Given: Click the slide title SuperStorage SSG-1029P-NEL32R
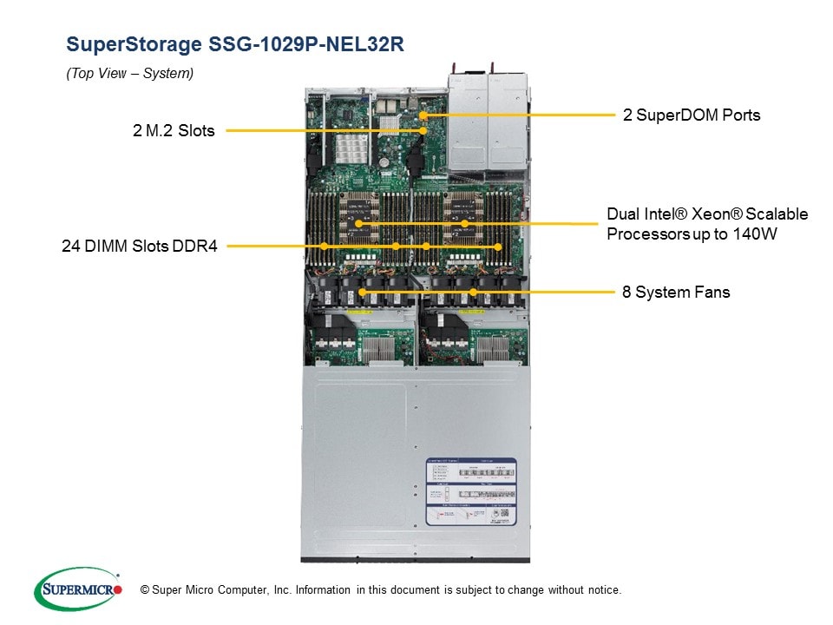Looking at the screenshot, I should pyautogui.click(x=235, y=44).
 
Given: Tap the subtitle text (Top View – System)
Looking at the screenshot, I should pyautogui.click(x=130, y=74).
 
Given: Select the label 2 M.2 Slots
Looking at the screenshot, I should pyautogui.click(x=174, y=131).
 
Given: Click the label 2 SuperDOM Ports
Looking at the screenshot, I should pyautogui.click(x=692, y=115).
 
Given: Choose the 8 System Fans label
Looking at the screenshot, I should pyautogui.click(x=676, y=292).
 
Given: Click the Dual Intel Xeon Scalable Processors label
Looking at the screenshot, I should pyautogui.click(x=707, y=224).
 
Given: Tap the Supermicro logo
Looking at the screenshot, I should pyautogui.click(x=77, y=589).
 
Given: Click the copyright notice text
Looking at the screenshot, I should pyautogui.click(x=375, y=590).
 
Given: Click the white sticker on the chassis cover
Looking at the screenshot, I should pyautogui.click(x=470, y=491).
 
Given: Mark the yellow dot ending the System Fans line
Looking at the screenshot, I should pyautogui.click(x=362, y=292).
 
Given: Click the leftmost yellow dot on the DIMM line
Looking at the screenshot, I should pyautogui.click(x=324, y=247).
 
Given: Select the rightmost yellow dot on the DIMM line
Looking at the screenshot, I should pyautogui.click(x=498, y=247).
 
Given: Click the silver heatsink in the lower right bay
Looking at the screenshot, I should pyautogui.click(x=489, y=346).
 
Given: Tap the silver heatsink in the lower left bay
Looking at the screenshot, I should pyautogui.click(x=379, y=346).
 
